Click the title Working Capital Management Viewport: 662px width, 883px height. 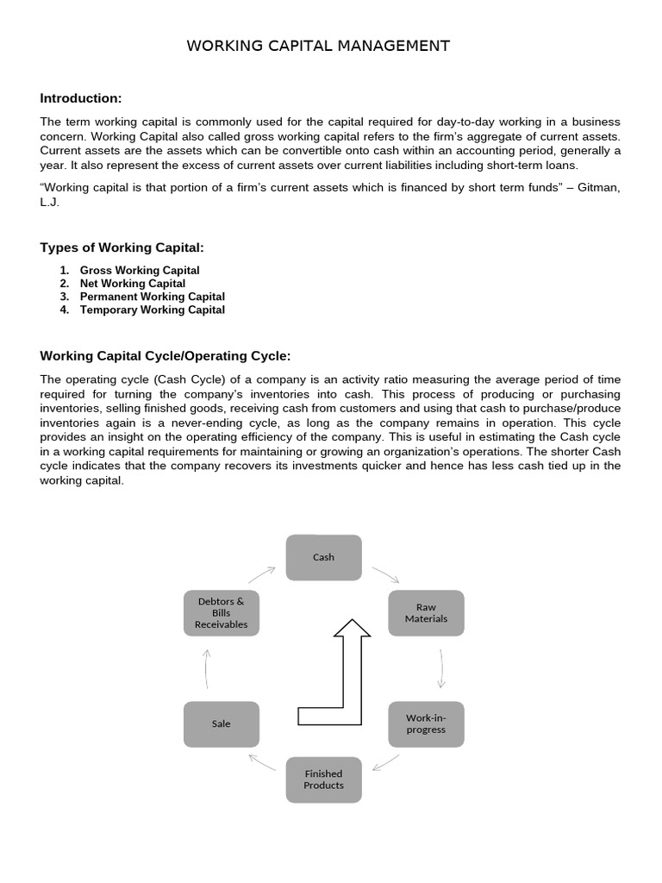318,46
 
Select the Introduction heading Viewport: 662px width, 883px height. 81,98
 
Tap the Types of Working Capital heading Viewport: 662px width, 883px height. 122,248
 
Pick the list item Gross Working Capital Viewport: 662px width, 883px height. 140,271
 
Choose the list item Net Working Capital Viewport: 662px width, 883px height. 133,284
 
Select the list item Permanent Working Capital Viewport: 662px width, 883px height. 153,297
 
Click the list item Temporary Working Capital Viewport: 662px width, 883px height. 153,310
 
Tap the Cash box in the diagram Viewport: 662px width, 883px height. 323,557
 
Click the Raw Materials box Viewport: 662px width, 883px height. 426,613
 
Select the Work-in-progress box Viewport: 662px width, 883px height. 426,723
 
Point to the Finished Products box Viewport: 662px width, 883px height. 323,780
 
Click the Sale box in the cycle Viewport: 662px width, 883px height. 222,723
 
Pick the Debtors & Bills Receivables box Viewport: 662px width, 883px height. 222,613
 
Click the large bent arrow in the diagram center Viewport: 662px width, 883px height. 345,681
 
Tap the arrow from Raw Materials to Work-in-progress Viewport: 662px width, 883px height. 440,667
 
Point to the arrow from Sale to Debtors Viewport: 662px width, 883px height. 207,668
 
